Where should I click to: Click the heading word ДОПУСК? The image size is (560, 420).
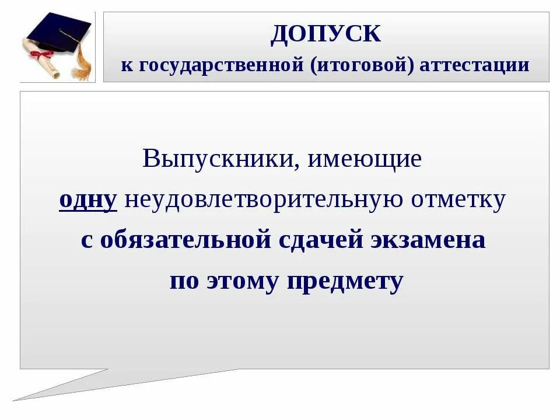click(x=325, y=34)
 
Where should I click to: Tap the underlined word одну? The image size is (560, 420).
click(x=88, y=200)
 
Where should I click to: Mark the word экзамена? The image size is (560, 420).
click(x=426, y=240)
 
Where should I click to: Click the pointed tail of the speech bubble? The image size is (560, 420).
click(x=35, y=394)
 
